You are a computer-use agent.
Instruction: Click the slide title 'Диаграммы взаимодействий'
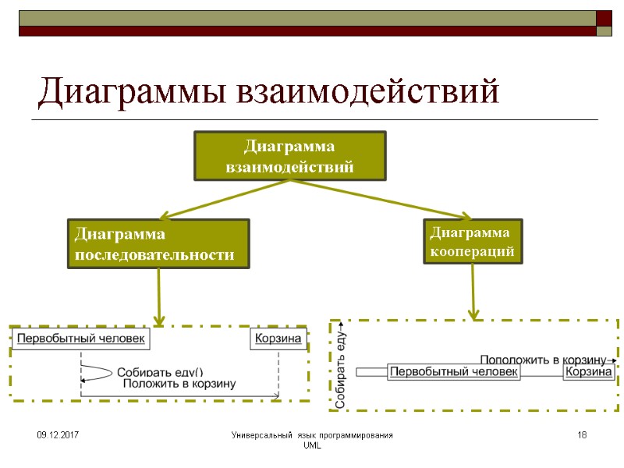tap(268, 92)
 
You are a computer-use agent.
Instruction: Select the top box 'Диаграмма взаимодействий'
tap(289, 156)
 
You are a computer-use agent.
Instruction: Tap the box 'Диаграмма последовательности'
tap(158, 244)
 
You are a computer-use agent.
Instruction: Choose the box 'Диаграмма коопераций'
tap(473, 242)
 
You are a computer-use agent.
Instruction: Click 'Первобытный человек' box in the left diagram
tap(80, 339)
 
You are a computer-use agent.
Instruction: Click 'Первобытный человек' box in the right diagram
tap(454, 372)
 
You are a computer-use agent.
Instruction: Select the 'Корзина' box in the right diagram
tap(589, 372)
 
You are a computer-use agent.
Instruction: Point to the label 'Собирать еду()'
tap(160, 372)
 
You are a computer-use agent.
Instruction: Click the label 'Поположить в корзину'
tap(543, 360)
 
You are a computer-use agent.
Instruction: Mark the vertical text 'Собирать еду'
tap(340, 369)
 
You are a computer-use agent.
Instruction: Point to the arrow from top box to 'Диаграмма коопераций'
tap(382, 200)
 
